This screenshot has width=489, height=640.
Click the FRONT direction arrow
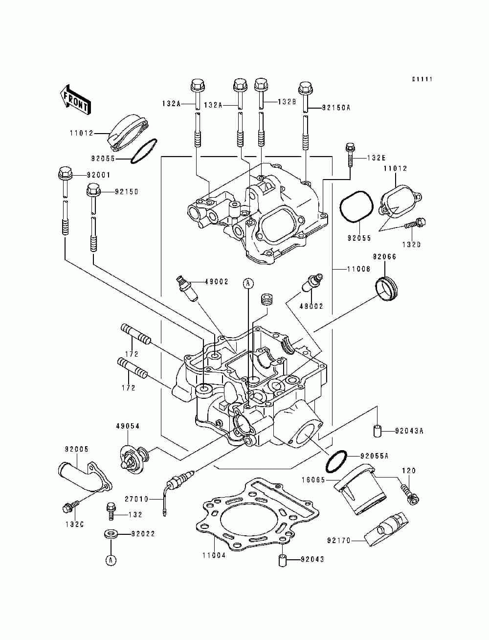(75, 100)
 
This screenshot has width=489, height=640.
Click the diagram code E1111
(422, 79)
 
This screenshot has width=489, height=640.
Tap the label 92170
(338, 541)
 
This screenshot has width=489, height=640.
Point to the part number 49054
(128, 426)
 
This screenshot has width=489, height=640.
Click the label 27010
(136, 499)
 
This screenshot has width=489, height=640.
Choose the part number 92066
(384, 256)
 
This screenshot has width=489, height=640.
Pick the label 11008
(358, 269)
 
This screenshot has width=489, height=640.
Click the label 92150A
(336, 108)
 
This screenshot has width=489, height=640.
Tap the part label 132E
(376, 158)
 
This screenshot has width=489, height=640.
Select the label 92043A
(409, 439)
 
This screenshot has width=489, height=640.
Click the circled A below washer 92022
(111, 560)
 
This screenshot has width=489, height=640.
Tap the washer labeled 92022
(111, 534)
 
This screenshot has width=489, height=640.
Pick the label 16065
(313, 480)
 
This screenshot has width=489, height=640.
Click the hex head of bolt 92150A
(305, 87)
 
